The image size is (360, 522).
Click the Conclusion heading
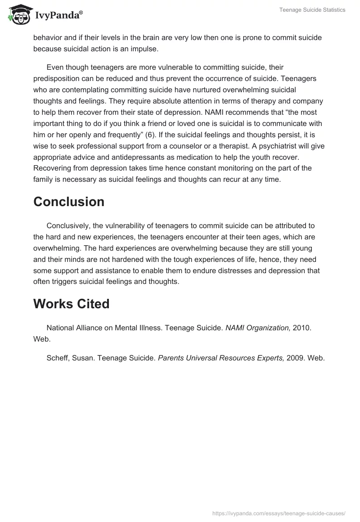pos(69,202)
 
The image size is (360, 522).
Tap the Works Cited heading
pos(71,304)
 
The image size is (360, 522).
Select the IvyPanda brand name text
pos(58,15)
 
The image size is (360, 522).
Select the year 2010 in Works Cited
pos(301,328)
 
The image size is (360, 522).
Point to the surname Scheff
pos(58,358)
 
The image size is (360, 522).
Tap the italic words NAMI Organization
pos(258,328)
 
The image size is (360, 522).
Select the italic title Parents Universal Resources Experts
pos(221,358)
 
